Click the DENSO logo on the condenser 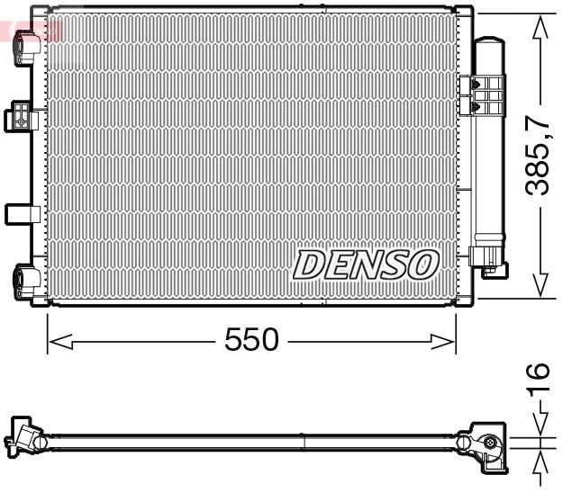click(x=366, y=264)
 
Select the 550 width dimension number click(x=251, y=341)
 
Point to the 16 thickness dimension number click(x=538, y=379)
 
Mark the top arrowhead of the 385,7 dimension click(x=539, y=27)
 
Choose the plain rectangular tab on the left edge click(x=20, y=213)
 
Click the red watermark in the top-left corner click(x=32, y=31)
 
